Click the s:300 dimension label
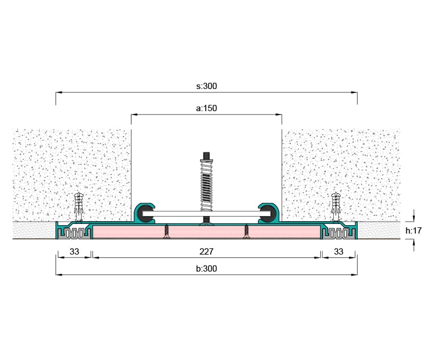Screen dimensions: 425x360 [206, 86]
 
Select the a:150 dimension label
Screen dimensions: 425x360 [206, 108]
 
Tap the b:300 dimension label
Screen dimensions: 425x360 [206, 269]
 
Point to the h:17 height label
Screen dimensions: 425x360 [414, 231]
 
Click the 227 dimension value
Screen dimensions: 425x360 [206, 252]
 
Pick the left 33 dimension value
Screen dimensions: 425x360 [74, 252]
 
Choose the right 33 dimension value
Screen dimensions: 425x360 [338, 252]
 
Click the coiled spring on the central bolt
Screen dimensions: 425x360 [206, 186]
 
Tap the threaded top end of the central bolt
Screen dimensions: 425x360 [206, 156]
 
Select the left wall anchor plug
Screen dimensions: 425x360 [79, 206]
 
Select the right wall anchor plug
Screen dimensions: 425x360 [336, 206]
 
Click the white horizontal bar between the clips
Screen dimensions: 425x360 [206, 214]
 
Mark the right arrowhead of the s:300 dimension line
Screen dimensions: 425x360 [354, 92]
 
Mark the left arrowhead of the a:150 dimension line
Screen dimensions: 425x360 [135, 115]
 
